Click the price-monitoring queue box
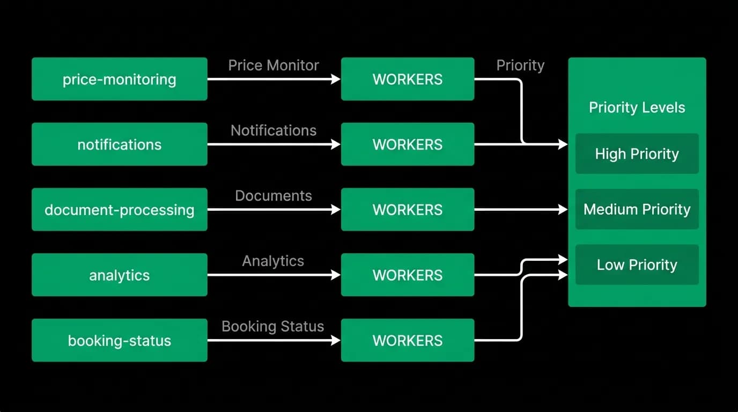[120, 79]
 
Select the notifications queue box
[120, 144]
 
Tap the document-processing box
[120, 210]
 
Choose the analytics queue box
[120, 275]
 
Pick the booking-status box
[120, 340]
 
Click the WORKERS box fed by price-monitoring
[408, 79]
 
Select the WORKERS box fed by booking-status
[408, 340]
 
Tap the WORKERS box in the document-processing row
[408, 210]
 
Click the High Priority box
[637, 153]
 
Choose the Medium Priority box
[637, 209]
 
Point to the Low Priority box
[637, 264]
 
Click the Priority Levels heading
[637, 107]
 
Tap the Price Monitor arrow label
[274, 65]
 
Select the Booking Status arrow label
[273, 326]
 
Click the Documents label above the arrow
[274, 196]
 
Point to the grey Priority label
[521, 65]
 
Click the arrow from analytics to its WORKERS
[274, 275]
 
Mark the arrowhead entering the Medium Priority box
[563, 209]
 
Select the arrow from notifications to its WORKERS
[274, 144]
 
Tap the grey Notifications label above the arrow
[274, 130]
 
